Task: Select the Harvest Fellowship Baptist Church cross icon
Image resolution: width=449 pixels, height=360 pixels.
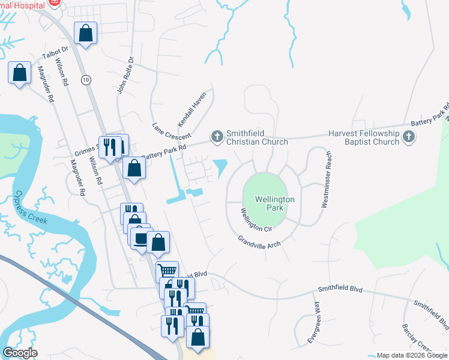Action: (408, 137)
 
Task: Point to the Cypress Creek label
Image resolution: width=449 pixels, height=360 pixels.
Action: (31, 208)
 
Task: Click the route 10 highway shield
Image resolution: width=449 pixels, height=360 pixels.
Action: (86, 79)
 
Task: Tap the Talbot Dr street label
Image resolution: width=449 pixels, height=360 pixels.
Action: (56, 52)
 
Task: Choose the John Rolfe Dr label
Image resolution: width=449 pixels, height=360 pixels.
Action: (124, 74)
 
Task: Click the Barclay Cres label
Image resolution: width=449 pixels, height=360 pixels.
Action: (417, 339)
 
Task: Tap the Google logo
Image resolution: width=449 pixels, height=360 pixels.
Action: (20, 353)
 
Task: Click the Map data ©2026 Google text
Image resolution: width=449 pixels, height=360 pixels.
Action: (412, 355)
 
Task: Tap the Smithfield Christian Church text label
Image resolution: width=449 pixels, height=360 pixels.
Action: (256, 137)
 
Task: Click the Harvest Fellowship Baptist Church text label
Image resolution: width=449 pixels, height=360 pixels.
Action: (364, 137)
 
